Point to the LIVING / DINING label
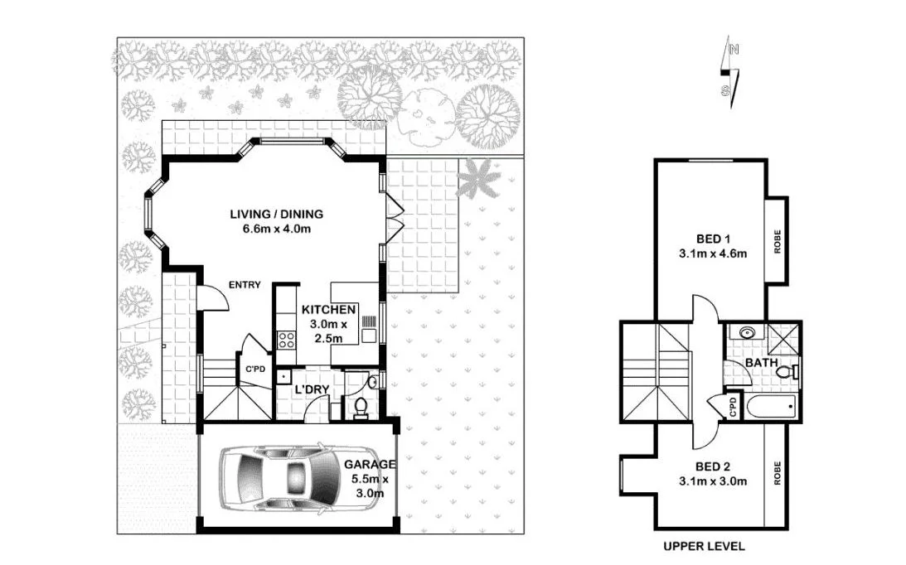click(x=276, y=215)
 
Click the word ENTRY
click(x=245, y=285)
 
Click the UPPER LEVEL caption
click(x=703, y=547)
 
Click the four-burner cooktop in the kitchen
click(x=287, y=340)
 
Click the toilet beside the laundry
click(x=360, y=407)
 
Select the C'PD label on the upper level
click(x=733, y=407)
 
